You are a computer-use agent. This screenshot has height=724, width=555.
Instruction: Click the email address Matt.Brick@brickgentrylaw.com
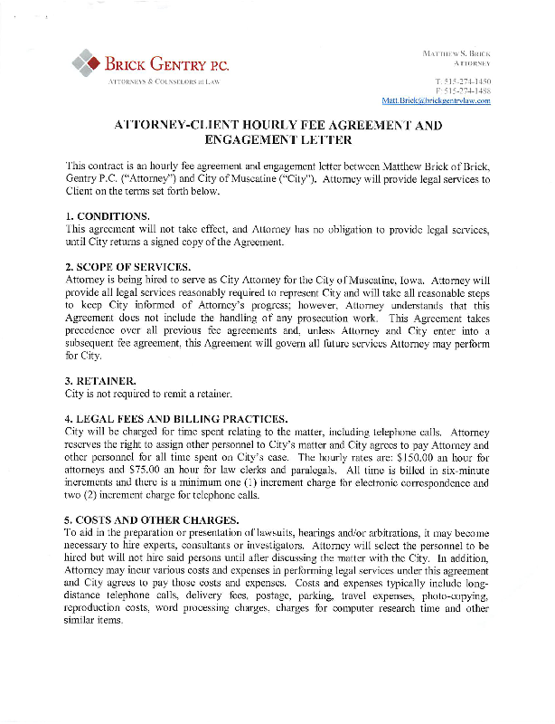[437, 100]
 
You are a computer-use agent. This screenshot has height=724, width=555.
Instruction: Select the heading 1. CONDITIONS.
[107, 216]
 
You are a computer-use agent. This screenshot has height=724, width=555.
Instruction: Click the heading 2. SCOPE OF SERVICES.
[127, 269]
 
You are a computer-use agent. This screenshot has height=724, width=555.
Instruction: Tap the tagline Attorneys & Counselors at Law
[165, 81]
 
